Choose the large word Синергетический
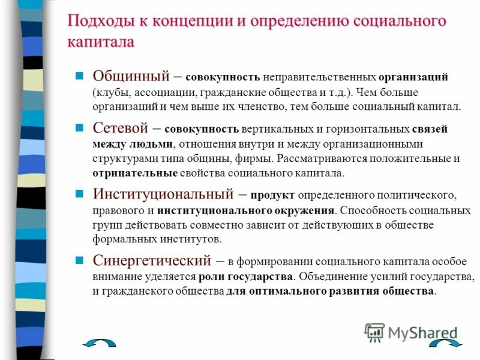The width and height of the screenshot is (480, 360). pyautogui.click(x=152, y=260)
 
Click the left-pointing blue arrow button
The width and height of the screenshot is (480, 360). pyautogui.click(x=98, y=344)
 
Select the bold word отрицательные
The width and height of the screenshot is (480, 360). pyautogui.click(x=134, y=173)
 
